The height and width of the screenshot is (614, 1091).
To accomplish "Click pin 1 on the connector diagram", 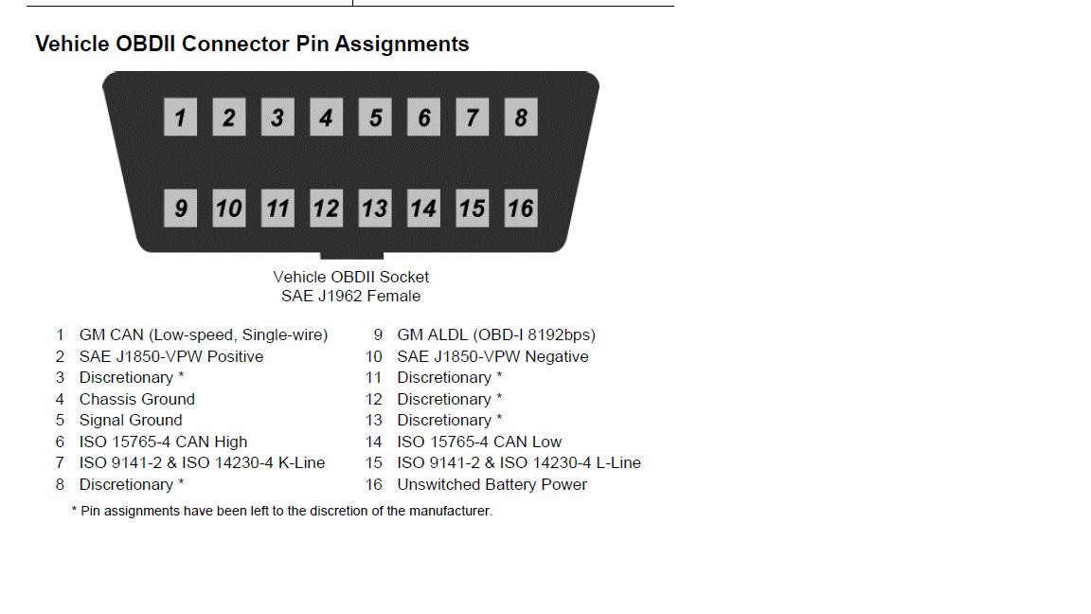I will pyautogui.click(x=180, y=118).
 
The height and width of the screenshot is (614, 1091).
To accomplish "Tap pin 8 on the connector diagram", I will pyautogui.click(x=521, y=118).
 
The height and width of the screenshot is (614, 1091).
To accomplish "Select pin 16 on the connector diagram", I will pyautogui.click(x=521, y=208).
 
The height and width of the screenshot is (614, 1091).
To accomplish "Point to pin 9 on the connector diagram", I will pyautogui.click(x=180, y=208).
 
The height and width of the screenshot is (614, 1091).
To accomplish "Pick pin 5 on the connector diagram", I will pyautogui.click(x=375, y=118).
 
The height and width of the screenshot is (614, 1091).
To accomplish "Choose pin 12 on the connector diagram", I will pyautogui.click(x=326, y=208).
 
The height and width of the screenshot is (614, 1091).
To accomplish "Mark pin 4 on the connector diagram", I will pyautogui.click(x=326, y=118).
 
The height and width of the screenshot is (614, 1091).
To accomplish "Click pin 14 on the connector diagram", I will pyautogui.click(x=423, y=208).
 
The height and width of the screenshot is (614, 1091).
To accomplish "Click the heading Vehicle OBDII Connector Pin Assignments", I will pyautogui.click(x=252, y=44).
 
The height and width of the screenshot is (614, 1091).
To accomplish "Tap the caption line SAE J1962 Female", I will pyautogui.click(x=350, y=296).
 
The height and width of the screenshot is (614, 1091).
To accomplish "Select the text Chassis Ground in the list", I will pyautogui.click(x=136, y=399).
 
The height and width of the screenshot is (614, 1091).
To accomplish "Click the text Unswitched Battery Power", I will pyautogui.click(x=492, y=484).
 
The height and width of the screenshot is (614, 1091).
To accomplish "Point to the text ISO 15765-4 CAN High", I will pyautogui.click(x=163, y=442).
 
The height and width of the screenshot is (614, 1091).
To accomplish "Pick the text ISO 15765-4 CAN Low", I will pyautogui.click(x=479, y=442).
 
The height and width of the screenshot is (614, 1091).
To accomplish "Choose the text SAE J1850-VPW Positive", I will pyautogui.click(x=171, y=356).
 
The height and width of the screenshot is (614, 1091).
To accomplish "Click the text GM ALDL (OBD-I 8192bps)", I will pyautogui.click(x=496, y=334).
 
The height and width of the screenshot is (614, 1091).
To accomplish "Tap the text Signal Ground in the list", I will pyautogui.click(x=131, y=420).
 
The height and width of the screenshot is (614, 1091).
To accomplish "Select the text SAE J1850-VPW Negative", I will pyautogui.click(x=492, y=356).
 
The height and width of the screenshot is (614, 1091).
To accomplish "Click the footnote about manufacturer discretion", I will pyautogui.click(x=282, y=511).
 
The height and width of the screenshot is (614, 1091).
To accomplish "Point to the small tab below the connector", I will pyautogui.click(x=351, y=256).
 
